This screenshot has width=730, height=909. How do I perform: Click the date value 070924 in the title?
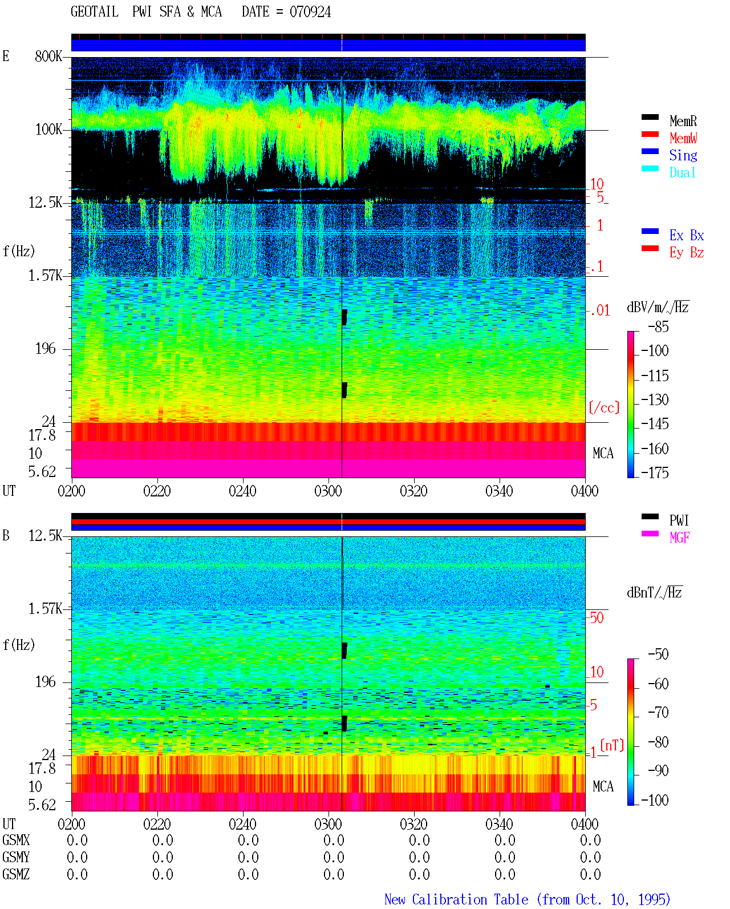tap(310, 12)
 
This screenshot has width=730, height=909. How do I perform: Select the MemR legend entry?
tap(669, 120)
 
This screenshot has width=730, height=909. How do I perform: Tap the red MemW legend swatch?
tap(650, 134)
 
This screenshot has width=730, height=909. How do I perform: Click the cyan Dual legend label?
tap(683, 172)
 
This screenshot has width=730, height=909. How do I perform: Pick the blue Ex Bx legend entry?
tap(672, 235)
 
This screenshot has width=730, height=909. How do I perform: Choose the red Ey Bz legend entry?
tap(672, 252)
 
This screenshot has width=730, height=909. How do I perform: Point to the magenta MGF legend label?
tap(679, 538)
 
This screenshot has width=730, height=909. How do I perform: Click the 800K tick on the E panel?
tap(48, 56)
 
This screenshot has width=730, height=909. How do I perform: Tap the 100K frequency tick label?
tap(48, 130)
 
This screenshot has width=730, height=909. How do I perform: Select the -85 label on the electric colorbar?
tap(658, 326)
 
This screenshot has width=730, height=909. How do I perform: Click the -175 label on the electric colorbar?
tap(655, 472)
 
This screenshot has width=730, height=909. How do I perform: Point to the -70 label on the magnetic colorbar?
tap(658, 712)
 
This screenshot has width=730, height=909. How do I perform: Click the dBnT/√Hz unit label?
tap(654, 592)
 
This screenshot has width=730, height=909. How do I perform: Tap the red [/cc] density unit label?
tap(604, 407)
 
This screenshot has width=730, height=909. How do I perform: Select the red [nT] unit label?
tap(612, 745)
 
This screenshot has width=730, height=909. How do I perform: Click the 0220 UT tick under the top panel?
tap(157, 491)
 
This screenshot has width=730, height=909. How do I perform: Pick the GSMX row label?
tap(16, 840)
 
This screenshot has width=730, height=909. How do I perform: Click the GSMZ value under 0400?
tap(590, 874)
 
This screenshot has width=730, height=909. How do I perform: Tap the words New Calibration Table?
tap(456, 899)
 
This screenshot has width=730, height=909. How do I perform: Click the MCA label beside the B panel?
tap(603, 786)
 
